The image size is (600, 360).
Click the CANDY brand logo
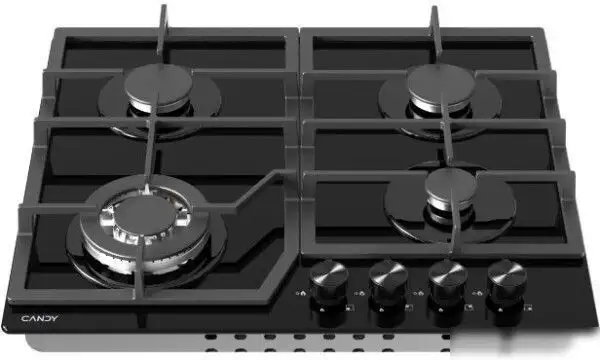pos(39,318)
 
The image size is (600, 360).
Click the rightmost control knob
pos(507,280)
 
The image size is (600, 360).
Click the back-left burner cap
pos(158,84)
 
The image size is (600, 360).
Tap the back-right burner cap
pos(441,83)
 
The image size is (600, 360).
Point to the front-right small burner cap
pos(450,187)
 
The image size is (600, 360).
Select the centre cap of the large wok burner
pos(145,217)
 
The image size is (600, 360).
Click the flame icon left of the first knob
pos(302,293)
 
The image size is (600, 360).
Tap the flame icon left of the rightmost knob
pos(479,293)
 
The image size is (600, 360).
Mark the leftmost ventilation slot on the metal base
pos(210,337)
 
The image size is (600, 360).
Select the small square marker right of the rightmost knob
pos(529,307)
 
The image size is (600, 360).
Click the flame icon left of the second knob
pos(362,293)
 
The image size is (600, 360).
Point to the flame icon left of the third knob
pos(421,293)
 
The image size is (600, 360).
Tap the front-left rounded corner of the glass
pos(5,326)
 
